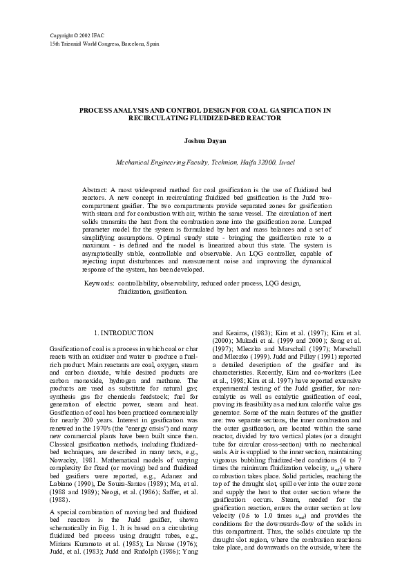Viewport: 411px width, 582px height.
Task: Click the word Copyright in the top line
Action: coord(63,34)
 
